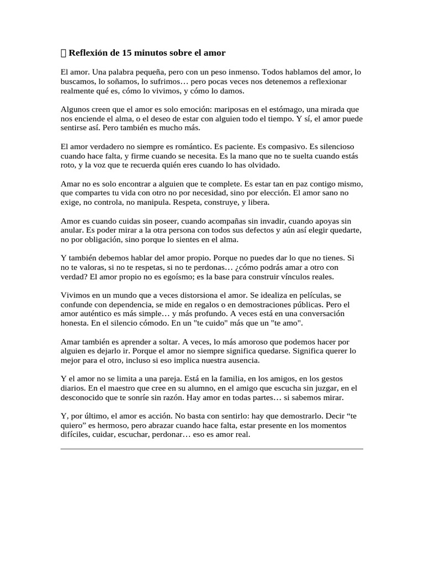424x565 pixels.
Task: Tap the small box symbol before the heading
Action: (63, 53)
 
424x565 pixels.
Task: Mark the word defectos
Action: (267, 231)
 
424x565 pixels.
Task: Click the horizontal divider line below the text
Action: (211, 449)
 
